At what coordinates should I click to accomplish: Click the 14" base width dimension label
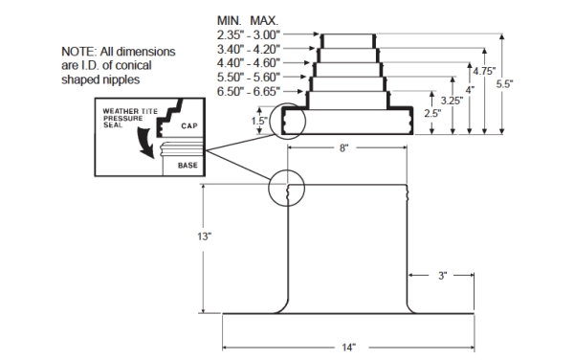point(349,348)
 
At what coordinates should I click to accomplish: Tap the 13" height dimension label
point(205,236)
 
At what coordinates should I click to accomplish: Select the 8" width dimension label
point(343,148)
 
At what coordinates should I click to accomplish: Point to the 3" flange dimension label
point(442,276)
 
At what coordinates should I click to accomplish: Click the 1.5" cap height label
point(259,121)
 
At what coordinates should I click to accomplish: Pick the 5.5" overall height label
point(504,84)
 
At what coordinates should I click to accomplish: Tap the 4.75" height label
point(484,71)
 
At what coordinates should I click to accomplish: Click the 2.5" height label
point(432,113)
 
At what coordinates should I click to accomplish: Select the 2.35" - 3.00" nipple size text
point(249,34)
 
